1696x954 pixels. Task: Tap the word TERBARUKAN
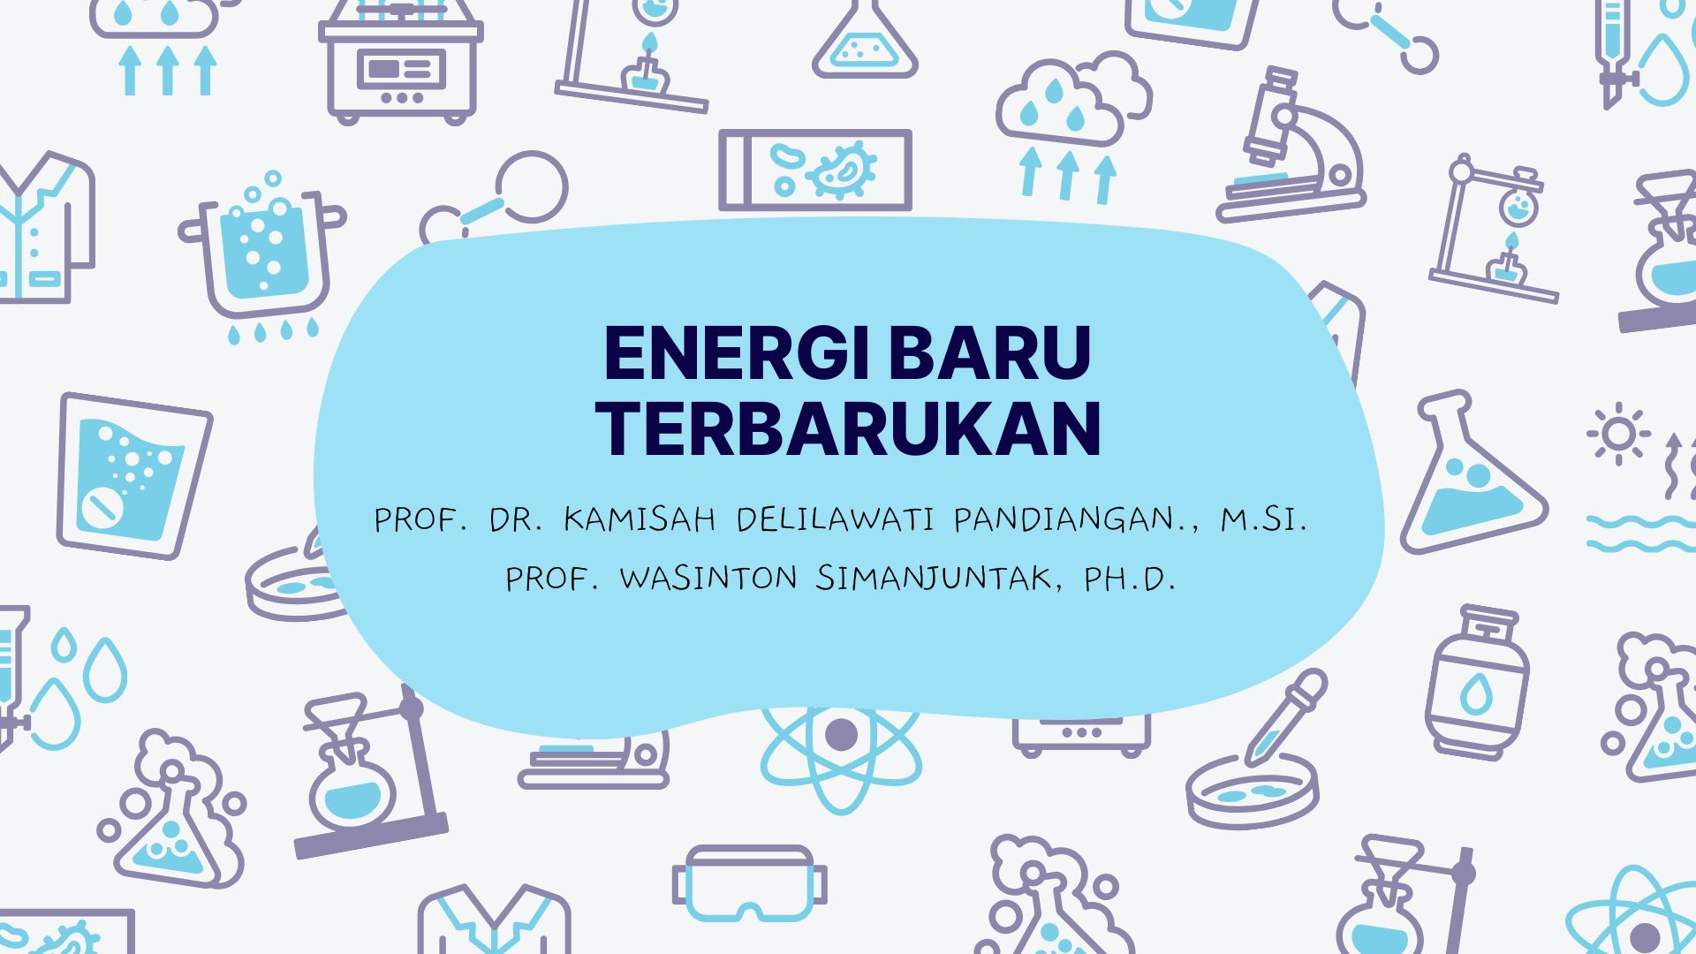click(848, 428)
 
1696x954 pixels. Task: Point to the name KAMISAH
click(639, 519)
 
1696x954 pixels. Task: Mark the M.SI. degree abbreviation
click(1263, 519)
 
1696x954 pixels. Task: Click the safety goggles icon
click(749, 883)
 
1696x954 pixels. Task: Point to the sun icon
click(1618, 434)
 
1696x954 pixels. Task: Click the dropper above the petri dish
click(1285, 715)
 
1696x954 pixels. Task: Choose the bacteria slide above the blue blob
click(814, 170)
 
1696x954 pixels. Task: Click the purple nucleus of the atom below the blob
click(840, 734)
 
